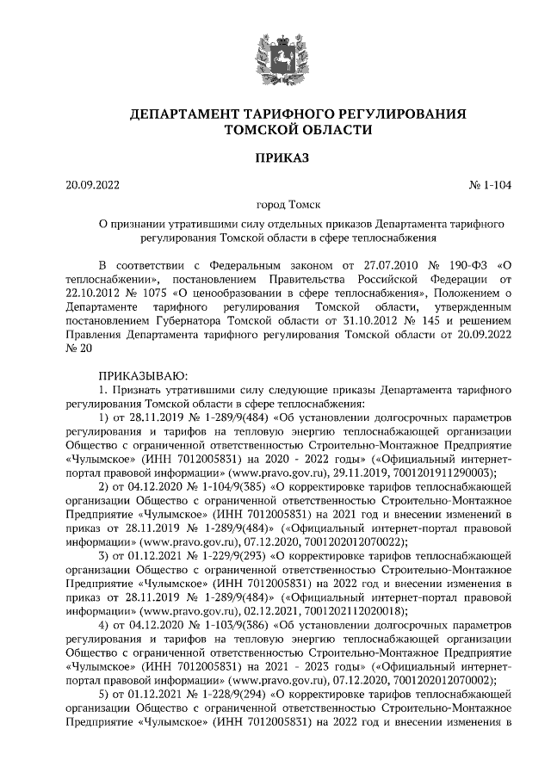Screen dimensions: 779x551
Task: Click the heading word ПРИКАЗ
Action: pyautogui.click(x=275, y=157)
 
